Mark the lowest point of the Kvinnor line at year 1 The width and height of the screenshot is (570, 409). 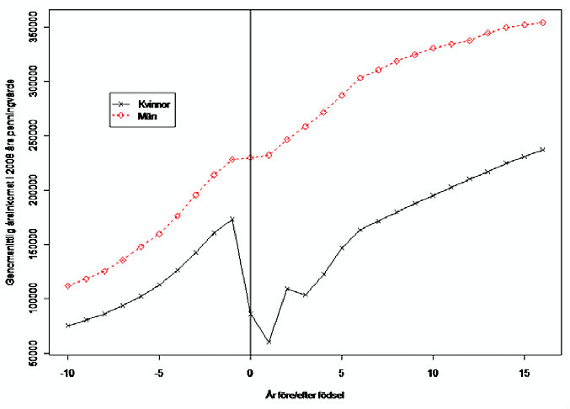tap(269, 342)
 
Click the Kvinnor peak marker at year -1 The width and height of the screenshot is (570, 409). tap(232, 219)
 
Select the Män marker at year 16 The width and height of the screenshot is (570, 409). tap(543, 23)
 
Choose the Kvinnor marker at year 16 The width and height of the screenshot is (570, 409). tap(543, 150)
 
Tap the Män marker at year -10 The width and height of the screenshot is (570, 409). tap(67, 286)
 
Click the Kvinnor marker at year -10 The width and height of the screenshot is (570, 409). tap(67, 326)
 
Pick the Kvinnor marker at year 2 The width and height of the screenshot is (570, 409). tap(287, 289)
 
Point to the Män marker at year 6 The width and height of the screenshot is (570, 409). tap(360, 77)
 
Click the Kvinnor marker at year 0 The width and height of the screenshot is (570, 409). tap(250, 314)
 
